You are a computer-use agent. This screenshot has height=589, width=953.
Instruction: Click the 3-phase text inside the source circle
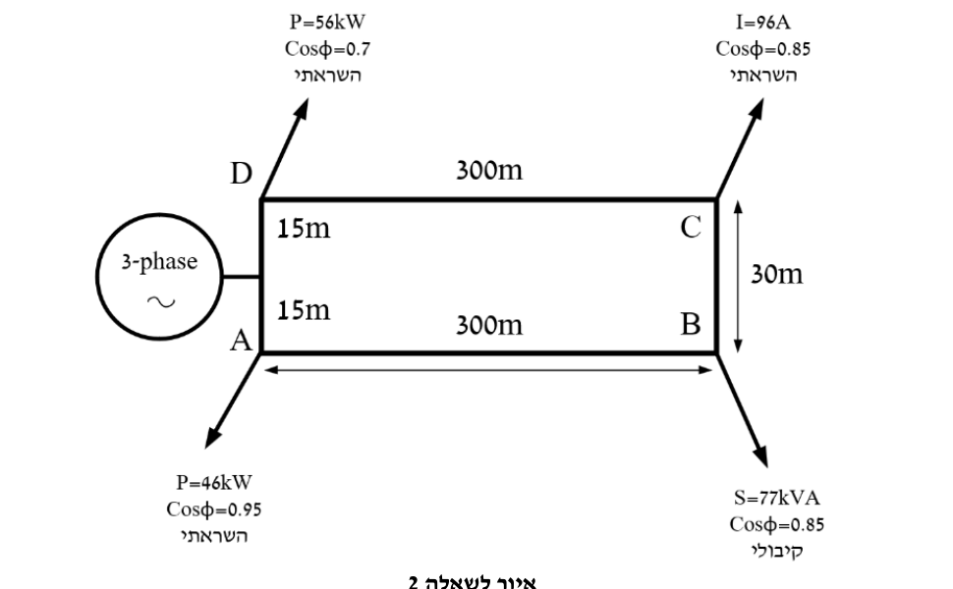159,262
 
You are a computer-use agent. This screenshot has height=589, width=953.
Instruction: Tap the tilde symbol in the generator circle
161,301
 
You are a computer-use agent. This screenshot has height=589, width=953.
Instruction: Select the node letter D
241,174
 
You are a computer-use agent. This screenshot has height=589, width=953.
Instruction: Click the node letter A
241,341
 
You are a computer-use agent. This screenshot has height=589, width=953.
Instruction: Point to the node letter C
691,227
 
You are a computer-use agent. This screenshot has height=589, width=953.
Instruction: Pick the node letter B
691,324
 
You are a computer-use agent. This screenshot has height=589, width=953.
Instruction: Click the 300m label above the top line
489,170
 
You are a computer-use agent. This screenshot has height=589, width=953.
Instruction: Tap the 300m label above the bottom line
489,325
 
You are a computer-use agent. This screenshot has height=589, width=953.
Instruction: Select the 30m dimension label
777,274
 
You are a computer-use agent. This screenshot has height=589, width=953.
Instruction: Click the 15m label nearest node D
304,229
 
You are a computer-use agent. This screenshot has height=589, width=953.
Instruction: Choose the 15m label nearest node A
304,309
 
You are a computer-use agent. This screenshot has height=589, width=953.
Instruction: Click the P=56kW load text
327,22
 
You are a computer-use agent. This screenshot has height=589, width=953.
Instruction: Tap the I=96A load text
762,23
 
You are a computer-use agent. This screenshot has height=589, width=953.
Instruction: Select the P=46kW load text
214,482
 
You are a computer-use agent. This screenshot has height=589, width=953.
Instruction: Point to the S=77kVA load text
777,498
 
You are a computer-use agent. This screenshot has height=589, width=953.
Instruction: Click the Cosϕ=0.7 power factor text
327,48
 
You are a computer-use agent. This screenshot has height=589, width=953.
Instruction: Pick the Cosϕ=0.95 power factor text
214,509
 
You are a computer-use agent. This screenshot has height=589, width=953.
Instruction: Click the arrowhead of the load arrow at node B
760,455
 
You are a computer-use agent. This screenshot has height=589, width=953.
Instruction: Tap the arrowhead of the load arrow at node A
212,437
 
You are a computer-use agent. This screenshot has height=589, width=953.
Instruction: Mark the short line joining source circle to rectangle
242,277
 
